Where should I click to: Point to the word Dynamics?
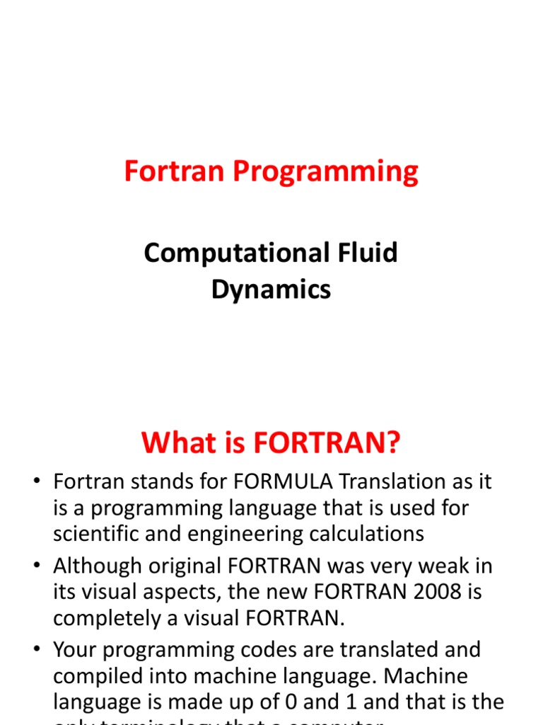[271, 290]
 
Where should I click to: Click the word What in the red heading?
[177, 443]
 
